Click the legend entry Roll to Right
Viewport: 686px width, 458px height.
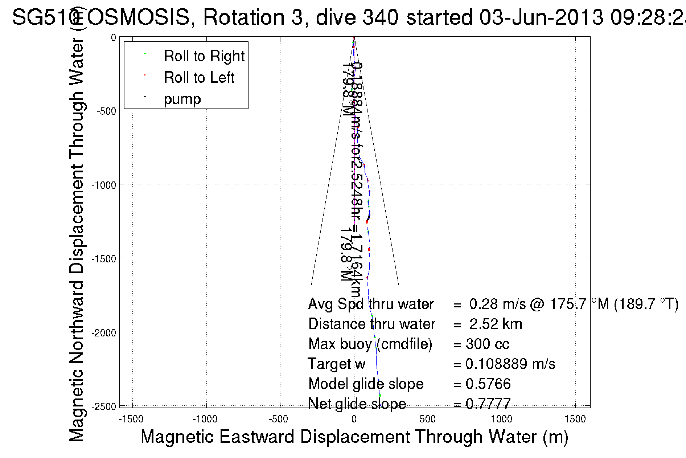(x=204, y=56)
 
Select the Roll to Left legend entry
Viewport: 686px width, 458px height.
(x=199, y=78)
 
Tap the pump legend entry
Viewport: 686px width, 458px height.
(x=182, y=99)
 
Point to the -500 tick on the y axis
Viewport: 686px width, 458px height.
(x=106, y=111)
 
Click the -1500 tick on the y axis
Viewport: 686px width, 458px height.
(x=104, y=259)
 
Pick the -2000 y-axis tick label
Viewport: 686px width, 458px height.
(x=104, y=333)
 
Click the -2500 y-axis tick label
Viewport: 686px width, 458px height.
(x=104, y=406)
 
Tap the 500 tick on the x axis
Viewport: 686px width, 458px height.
(x=427, y=420)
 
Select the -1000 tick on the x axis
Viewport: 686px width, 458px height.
(x=205, y=420)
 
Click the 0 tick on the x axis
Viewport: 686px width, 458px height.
(x=354, y=420)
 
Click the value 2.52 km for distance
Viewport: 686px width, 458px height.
(x=496, y=324)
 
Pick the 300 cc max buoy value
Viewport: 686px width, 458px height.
(x=487, y=344)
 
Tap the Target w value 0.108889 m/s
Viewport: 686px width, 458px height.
(x=510, y=364)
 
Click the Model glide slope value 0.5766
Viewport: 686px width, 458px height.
(x=488, y=384)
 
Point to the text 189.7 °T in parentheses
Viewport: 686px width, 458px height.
(x=646, y=304)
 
